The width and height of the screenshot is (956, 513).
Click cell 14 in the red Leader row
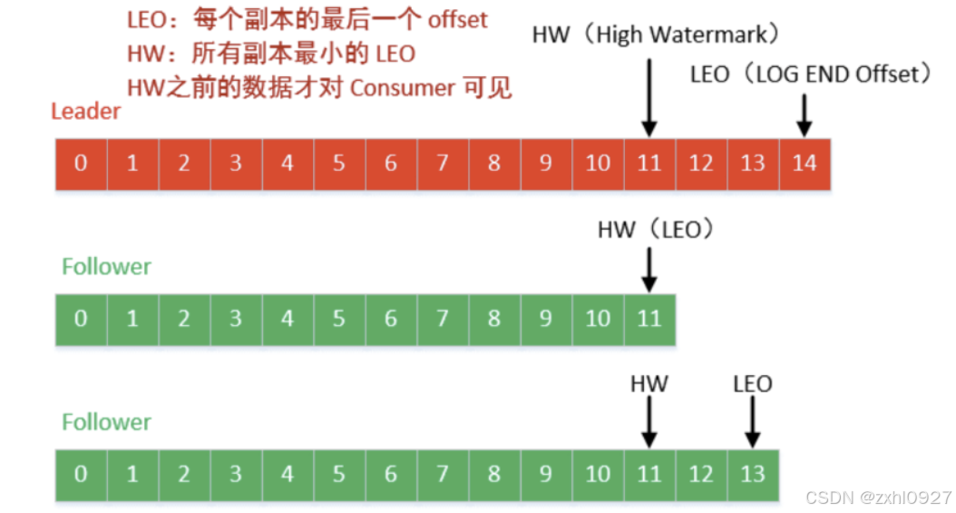(x=805, y=163)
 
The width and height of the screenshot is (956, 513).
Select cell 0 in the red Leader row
(x=82, y=163)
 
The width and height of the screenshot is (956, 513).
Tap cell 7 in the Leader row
(x=443, y=163)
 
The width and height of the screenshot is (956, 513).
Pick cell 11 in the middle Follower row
(x=649, y=319)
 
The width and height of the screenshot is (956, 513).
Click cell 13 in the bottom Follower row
(x=753, y=474)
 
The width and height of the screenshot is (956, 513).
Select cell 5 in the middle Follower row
(x=339, y=319)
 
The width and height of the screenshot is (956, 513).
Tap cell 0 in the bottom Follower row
(x=82, y=474)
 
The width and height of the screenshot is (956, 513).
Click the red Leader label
(x=85, y=112)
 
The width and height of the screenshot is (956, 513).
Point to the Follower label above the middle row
(x=106, y=267)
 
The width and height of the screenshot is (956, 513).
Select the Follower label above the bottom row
(x=106, y=422)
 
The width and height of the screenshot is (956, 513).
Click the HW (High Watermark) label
(x=657, y=35)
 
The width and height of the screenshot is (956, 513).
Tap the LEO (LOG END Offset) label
(x=811, y=74)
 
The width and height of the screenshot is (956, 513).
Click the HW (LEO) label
(x=656, y=230)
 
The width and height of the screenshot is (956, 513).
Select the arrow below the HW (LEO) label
(x=649, y=270)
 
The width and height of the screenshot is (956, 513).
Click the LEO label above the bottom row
(x=753, y=384)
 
